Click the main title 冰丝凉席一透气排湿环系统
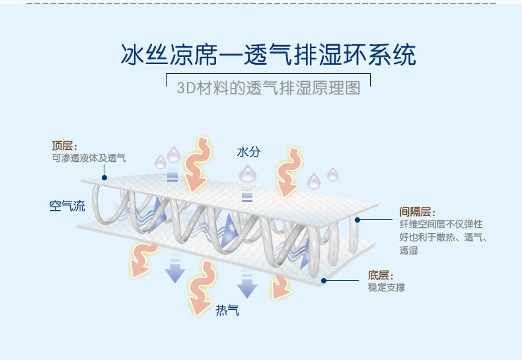[268, 54]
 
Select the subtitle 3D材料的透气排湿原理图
[268, 88]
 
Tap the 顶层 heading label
[65, 146]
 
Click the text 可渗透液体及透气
[89, 159]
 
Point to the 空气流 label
[67, 206]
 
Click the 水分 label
[248, 152]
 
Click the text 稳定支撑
[387, 288]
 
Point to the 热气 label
[227, 310]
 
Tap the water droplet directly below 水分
[247, 174]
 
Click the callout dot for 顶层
[104, 178]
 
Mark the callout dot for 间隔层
[357, 219]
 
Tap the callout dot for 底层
[324, 280]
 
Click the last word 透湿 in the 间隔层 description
[409, 250]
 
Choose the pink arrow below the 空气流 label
[141, 258]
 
